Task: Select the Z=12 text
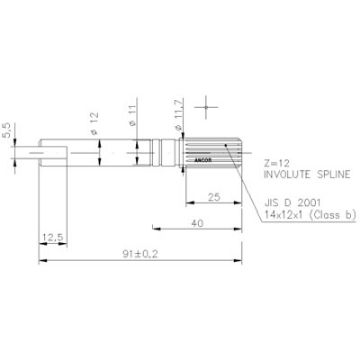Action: click(278, 162)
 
